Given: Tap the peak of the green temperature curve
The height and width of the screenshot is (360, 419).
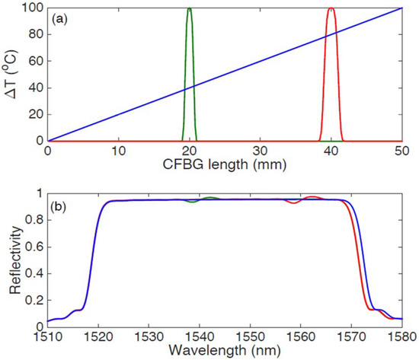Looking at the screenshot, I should click(190, 9).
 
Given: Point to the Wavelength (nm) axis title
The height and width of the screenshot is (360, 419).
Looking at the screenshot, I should click(232, 351).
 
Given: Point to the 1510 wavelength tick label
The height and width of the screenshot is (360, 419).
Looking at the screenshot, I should click(48, 338).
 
